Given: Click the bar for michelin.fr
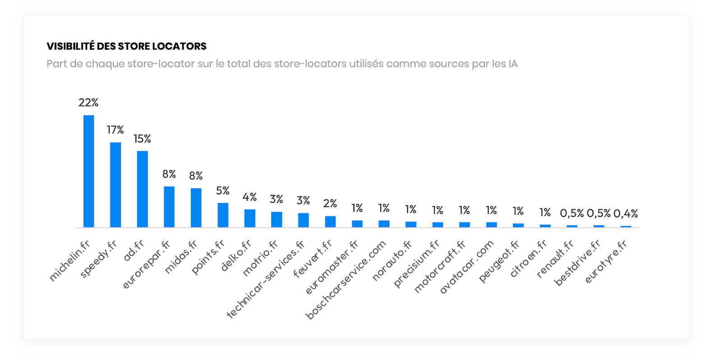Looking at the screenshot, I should [x=88, y=171].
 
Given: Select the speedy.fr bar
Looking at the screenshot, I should [x=116, y=185].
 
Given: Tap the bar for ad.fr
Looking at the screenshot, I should [x=142, y=189].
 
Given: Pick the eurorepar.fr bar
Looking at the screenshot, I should [x=169, y=207].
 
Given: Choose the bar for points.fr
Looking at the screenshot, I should [x=223, y=215].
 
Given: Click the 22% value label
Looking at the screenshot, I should [x=88, y=103].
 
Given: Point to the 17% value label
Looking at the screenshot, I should [x=115, y=130].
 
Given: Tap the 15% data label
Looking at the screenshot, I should [x=142, y=139].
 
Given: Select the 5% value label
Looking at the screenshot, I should [x=222, y=191].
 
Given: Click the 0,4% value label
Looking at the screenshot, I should [x=625, y=213].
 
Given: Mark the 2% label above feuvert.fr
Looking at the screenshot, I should [x=330, y=203].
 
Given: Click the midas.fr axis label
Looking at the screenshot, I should [x=181, y=257].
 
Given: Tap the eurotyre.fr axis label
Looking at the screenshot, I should [x=606, y=262].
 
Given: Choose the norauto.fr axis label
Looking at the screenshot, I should [x=392, y=261].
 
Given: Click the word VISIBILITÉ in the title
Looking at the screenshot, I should [x=70, y=46].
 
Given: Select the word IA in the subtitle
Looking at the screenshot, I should [x=513, y=64].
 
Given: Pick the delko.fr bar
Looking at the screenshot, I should [x=250, y=218].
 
